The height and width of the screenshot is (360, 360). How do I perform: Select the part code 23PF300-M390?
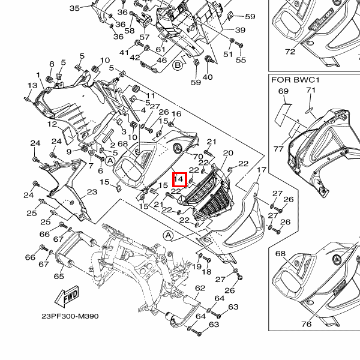[x=70, y=316]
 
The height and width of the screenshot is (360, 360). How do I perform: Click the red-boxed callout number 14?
[x=178, y=179]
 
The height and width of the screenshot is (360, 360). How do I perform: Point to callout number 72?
[x=290, y=52]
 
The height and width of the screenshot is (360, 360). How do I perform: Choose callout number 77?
[x=278, y=148]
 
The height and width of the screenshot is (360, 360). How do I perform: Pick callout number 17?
[x=261, y=171]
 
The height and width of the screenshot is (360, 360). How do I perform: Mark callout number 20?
[x=228, y=154]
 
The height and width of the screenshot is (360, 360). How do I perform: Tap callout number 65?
[x=59, y=277]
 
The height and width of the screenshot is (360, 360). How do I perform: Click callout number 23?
[x=92, y=192]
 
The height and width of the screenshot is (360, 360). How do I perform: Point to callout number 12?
[x=52, y=124]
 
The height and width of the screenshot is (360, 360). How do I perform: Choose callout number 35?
[x=74, y=8]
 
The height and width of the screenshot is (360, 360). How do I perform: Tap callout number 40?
[x=208, y=77]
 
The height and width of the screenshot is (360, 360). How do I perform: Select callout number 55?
[x=241, y=60]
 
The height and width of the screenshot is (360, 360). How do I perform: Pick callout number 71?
[x=310, y=91]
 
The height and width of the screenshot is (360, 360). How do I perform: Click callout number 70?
[x=198, y=157]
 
